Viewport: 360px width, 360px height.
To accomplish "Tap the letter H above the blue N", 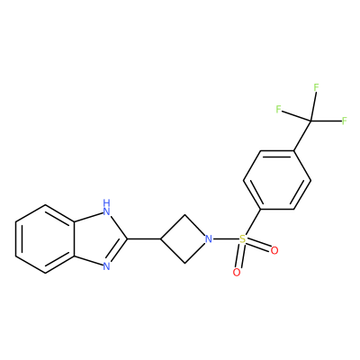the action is coord(106,202).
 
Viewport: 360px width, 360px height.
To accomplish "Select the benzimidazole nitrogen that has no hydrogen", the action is coord(106,265).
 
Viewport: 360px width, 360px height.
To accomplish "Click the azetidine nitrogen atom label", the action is coord(209,239).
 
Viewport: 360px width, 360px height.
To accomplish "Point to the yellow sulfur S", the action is coord(243,239).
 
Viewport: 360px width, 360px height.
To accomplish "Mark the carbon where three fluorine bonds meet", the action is coord(310,121).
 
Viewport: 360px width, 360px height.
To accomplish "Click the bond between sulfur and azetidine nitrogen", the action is coord(226,239).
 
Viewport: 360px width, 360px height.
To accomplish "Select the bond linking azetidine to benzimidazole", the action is coord(144,239).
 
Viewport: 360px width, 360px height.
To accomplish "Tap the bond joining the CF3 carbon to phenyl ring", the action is coord(302,136).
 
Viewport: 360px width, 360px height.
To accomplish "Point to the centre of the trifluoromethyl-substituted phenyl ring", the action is coord(277,180).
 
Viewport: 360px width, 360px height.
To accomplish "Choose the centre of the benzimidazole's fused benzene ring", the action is coord(45,239).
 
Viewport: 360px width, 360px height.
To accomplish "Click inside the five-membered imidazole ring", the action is coord(97,239).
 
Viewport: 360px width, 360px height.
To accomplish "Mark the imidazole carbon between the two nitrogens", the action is coord(128,239).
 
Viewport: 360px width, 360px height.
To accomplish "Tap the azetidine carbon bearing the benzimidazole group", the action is coord(161,239).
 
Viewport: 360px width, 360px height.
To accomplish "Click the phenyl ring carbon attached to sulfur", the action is coord(260,209).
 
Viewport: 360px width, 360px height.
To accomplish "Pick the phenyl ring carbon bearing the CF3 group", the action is coord(293,150).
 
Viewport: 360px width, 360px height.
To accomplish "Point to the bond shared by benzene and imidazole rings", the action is coord(75,239).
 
